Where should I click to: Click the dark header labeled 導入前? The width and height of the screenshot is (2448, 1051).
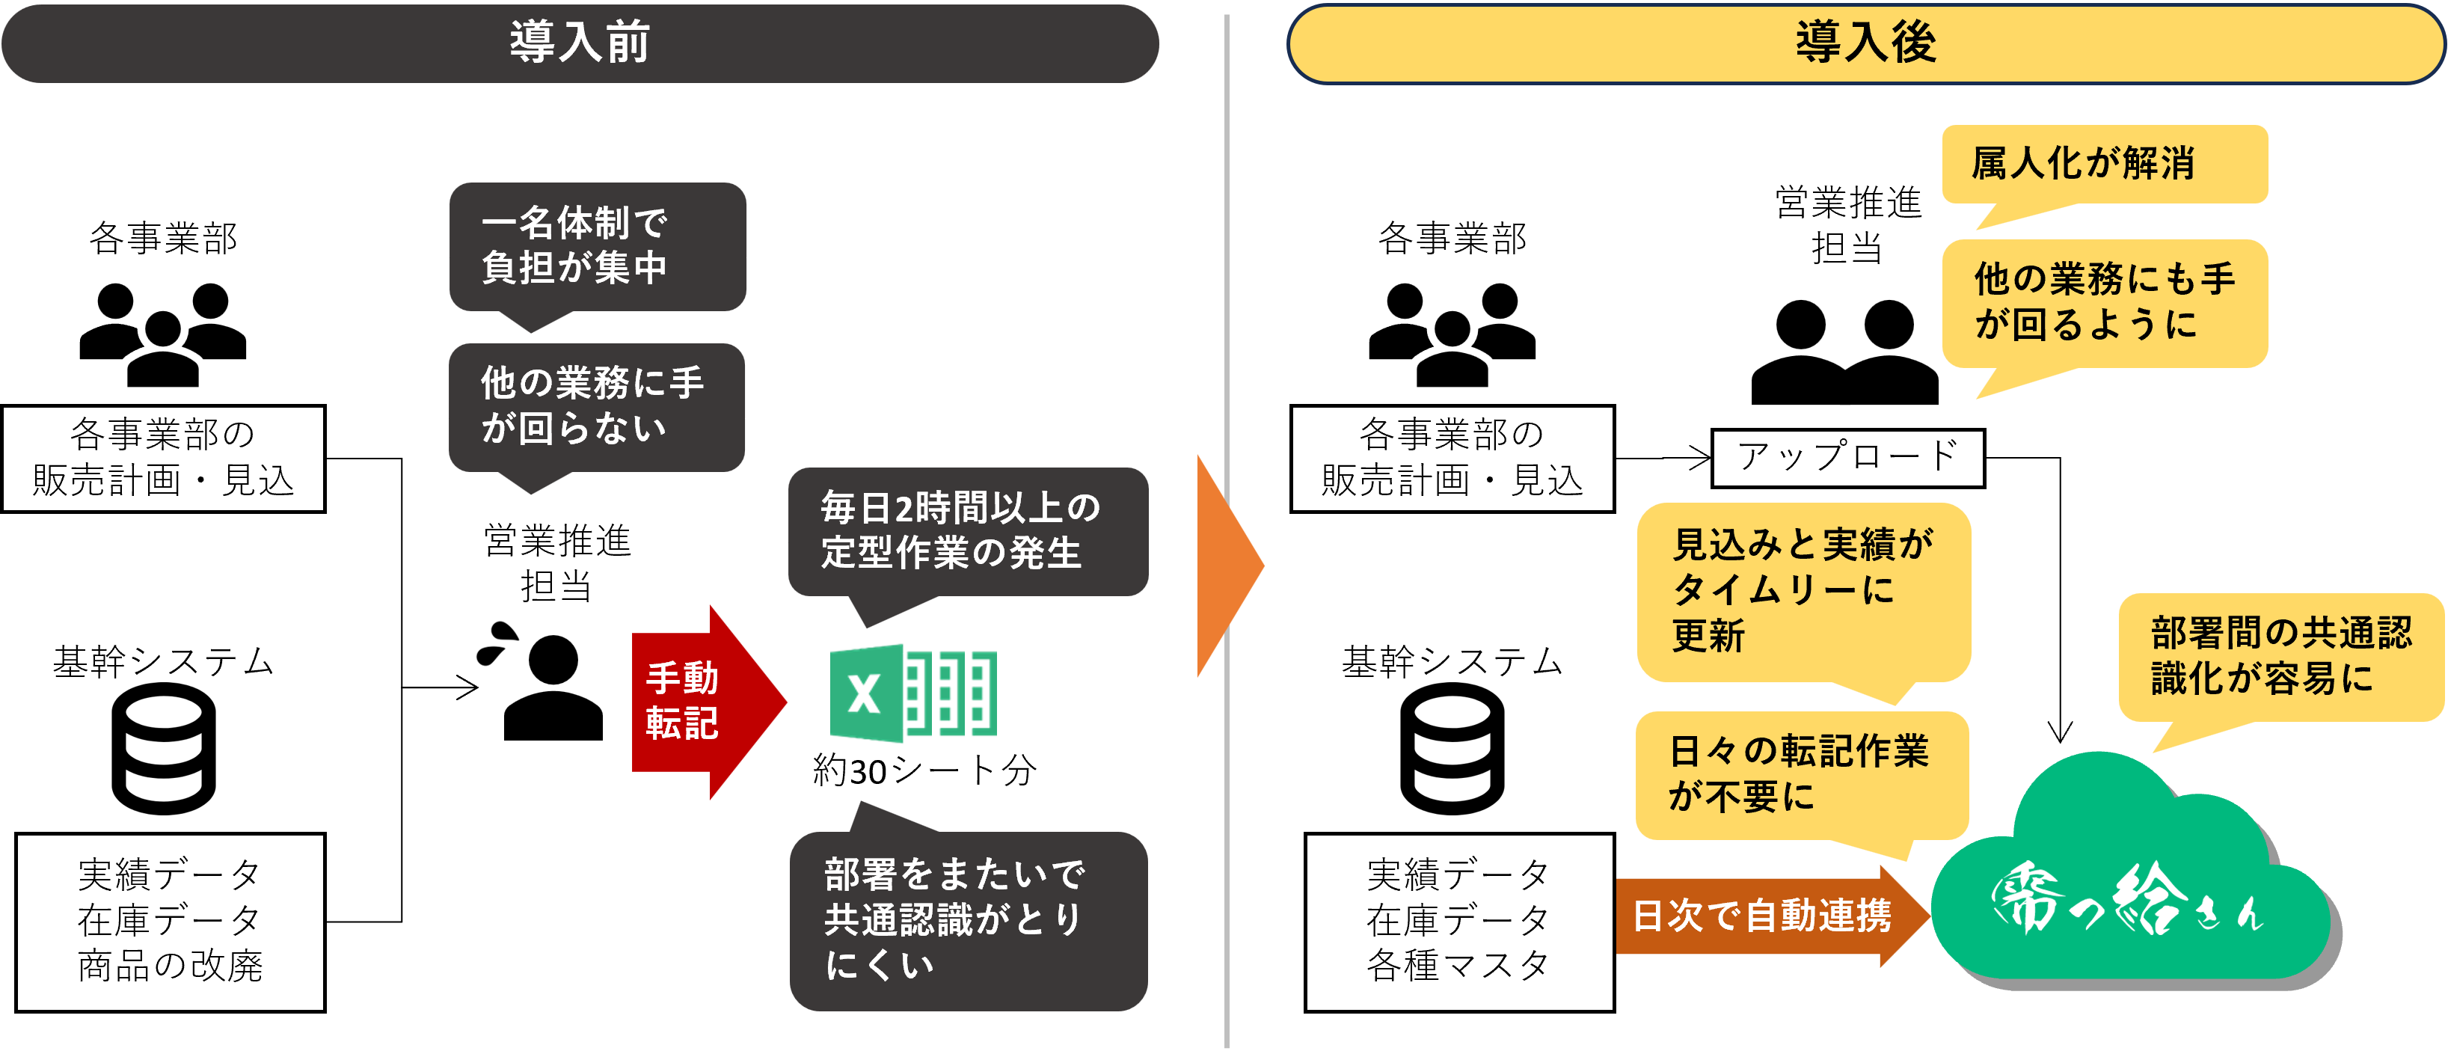coord(580,43)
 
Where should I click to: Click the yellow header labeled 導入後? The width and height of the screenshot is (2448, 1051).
coord(1865,43)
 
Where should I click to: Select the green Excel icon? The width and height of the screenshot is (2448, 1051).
coord(912,693)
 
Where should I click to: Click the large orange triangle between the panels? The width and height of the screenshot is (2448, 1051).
coord(1226,566)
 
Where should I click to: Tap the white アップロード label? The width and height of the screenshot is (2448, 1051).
coord(1847,458)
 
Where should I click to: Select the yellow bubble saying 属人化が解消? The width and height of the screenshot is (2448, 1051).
coord(2104,163)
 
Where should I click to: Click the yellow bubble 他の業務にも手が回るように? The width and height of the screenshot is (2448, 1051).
coord(2104,303)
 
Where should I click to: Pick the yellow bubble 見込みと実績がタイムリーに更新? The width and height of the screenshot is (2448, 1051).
coord(1803,591)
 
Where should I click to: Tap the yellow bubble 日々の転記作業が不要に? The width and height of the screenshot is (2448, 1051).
coord(1801,774)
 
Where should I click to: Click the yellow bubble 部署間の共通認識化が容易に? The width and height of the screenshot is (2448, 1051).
coord(2280,657)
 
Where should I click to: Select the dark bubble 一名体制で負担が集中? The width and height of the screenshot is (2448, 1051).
coord(597,246)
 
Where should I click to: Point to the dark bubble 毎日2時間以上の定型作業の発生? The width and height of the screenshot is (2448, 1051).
coord(967,531)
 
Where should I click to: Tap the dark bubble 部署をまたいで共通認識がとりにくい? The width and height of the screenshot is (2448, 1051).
coord(967,920)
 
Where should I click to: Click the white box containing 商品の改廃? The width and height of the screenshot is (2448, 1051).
coord(170,922)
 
